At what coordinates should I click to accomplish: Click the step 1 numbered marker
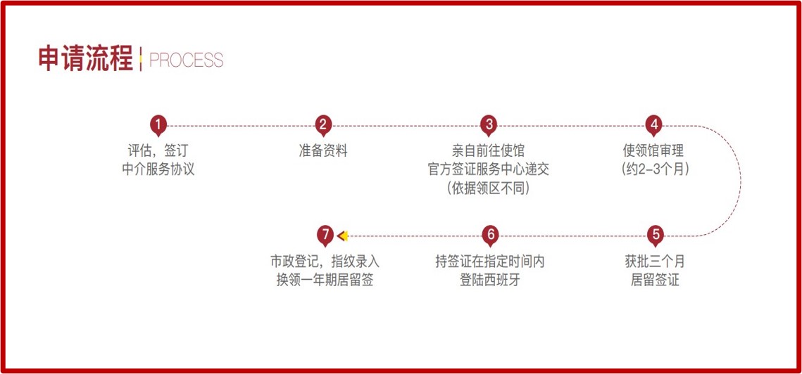coord(158,124)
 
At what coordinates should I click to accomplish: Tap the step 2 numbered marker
coord(323,124)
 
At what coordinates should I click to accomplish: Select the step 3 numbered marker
coord(489,124)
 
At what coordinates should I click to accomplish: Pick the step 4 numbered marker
coord(653,124)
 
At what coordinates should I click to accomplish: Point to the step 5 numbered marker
coord(656,236)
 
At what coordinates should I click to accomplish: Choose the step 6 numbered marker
coord(490,236)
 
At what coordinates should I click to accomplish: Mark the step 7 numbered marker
coord(325,236)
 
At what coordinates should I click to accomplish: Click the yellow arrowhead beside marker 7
coord(343,236)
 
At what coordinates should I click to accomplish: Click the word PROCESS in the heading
coord(186,60)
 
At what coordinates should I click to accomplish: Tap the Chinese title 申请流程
coord(85,59)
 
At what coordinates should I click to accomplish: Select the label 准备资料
coord(323,150)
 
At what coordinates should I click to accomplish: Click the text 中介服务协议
coord(158,169)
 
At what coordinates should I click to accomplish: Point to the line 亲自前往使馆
coord(489,150)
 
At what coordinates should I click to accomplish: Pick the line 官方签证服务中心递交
coord(489,169)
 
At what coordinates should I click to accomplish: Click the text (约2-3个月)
coord(653,169)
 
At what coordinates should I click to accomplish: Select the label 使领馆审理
coord(653,150)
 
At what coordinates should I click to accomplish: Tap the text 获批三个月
coord(655,262)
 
